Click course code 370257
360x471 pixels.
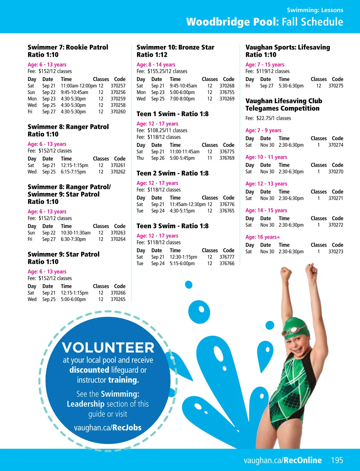[118, 86]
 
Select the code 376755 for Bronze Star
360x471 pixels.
[227, 92]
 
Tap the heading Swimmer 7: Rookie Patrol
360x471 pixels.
[68, 47]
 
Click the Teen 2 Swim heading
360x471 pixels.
[172, 173]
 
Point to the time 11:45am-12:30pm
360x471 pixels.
[187, 204]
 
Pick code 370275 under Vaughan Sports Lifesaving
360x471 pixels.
[336, 86]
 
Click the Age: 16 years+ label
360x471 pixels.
[262, 237]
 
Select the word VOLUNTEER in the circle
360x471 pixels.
[108, 348]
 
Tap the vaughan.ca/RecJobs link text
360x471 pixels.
[108, 427]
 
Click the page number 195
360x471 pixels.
[337, 460]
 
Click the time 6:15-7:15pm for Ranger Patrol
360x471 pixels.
[73, 172]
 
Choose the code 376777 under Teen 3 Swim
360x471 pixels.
[227, 257]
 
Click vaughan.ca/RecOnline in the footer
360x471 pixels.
[283, 460]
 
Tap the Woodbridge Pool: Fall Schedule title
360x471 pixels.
[265, 22]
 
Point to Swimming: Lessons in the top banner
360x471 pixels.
[315, 10]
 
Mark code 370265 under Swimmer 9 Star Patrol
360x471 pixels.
[118, 299]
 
